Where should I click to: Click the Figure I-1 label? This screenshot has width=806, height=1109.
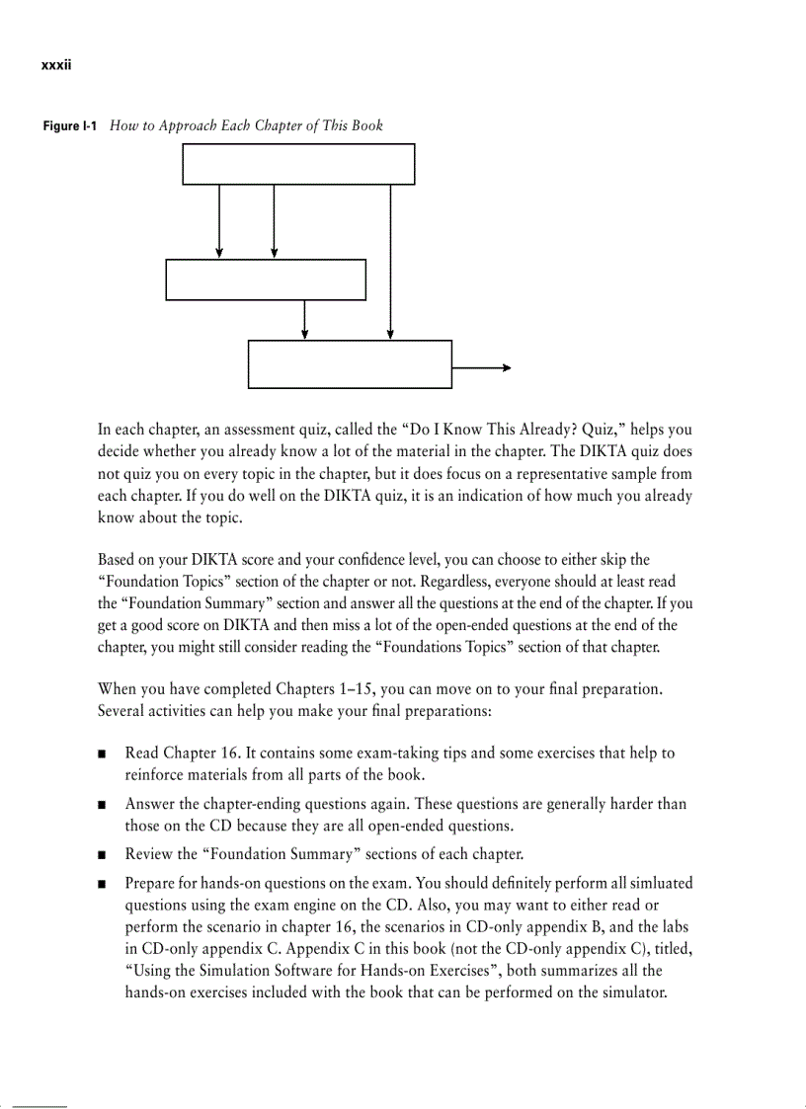coord(69,126)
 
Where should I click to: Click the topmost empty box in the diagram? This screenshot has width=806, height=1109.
coord(298,164)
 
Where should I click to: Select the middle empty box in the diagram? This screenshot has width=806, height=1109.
coord(266,279)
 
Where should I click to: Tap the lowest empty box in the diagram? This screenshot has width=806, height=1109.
coord(350,364)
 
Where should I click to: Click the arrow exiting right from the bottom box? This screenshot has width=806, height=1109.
coord(481,367)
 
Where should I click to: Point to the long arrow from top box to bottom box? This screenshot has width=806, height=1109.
coord(391,262)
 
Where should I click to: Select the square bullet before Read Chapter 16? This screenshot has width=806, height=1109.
coord(103,754)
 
